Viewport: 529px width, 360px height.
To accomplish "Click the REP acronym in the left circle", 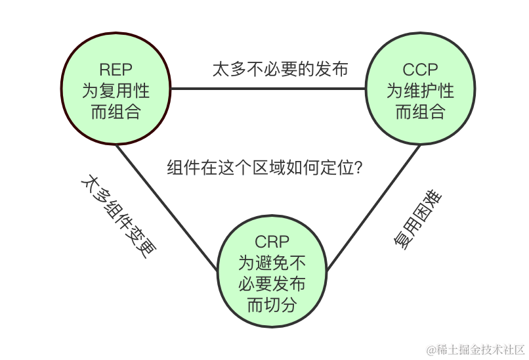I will (116, 69).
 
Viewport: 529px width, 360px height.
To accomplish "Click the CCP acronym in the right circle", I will (420, 69).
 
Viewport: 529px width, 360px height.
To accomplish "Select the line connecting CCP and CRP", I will (374, 207).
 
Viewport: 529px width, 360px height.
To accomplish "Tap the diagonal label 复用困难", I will (417, 221).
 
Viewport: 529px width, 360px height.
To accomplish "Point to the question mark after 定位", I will (358, 168).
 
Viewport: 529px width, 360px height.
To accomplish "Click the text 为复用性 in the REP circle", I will (116, 90).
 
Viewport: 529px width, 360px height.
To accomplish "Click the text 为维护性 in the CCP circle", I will (420, 90).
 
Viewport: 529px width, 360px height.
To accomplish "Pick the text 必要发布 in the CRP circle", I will (271, 284).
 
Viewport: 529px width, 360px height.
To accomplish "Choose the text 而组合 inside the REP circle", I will (116, 111).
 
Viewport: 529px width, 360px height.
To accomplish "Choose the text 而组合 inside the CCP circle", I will (420, 111).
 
